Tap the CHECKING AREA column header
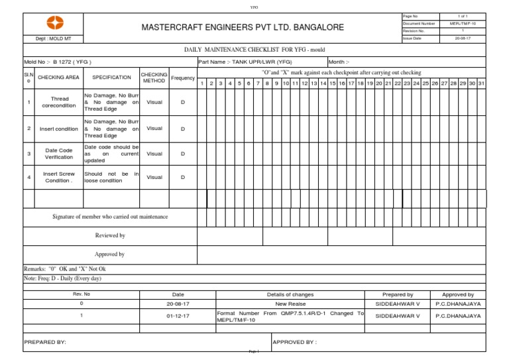(58, 78)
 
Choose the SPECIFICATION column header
(111, 78)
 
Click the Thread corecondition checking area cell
(60, 103)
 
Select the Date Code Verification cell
(60, 154)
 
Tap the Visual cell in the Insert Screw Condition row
(154, 177)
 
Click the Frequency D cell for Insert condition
(183, 129)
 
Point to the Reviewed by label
(110, 235)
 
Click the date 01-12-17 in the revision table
(178, 316)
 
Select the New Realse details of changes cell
(290, 304)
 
